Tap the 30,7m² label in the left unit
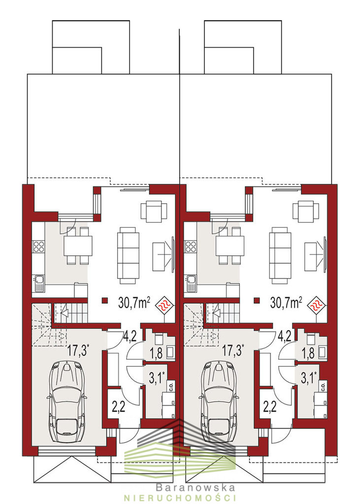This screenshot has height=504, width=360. coord(134,303)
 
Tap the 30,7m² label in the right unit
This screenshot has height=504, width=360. coord(286,303)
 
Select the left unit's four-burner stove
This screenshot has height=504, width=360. coord(38,246)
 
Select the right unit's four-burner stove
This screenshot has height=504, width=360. coord(191,246)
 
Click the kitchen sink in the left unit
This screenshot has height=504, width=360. coord(38,283)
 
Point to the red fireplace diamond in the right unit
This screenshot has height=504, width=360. coord(317,304)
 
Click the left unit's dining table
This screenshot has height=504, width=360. coord(78,246)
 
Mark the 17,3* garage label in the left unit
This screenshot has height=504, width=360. coord(78,350)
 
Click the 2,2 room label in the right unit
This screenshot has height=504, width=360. coord(270,407)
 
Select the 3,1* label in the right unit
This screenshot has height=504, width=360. coord(308,378)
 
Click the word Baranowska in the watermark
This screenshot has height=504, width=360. coord(196,488)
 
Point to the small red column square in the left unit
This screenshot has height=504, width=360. coord(105,301)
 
